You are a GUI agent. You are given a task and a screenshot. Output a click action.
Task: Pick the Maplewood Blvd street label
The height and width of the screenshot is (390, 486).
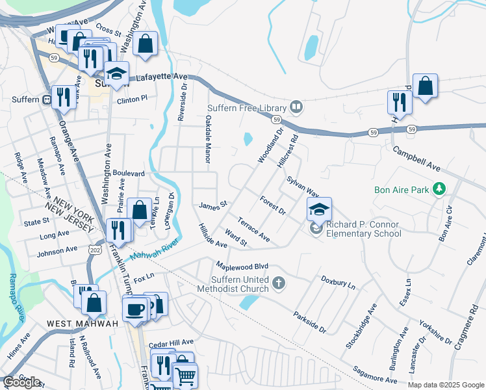click(242, 266)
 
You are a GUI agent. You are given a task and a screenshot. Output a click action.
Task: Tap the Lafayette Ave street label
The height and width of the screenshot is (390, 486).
click(160, 77)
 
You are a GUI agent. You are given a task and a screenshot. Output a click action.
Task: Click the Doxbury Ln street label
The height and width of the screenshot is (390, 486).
click(338, 282)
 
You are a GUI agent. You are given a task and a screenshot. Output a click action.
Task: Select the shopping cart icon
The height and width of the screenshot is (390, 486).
click(185, 375)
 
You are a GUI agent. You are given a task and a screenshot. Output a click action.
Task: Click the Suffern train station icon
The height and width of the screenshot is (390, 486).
click(47, 100)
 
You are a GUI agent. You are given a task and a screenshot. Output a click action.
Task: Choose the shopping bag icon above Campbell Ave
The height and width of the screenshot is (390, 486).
click(425, 86)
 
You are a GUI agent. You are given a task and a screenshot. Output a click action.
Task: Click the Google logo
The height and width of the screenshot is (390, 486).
click(21, 382)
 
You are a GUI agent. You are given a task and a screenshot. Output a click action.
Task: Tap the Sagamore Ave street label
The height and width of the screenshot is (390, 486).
click(375, 374)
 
